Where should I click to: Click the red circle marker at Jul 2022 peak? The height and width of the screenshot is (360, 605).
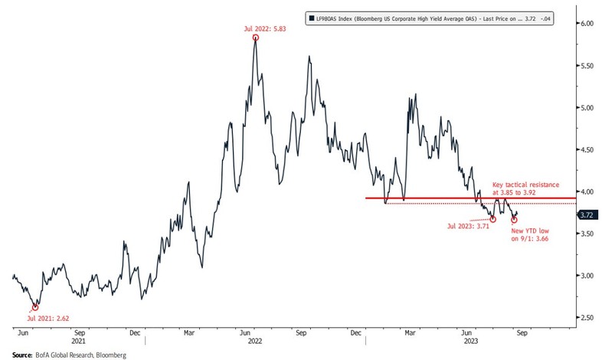click(255, 37)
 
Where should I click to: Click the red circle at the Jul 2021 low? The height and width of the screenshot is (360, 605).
click(35, 306)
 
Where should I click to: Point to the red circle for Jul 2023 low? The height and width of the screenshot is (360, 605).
click(493, 219)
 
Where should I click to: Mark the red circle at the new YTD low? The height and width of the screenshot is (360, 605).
click(514, 220)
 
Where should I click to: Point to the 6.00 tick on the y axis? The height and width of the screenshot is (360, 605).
click(587, 25)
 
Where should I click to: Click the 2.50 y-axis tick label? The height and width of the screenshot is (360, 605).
click(587, 317)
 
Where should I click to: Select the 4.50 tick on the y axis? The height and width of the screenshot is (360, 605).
click(587, 150)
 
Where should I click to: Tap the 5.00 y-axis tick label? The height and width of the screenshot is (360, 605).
click(587, 108)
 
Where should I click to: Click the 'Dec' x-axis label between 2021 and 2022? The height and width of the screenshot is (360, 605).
click(134, 333)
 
